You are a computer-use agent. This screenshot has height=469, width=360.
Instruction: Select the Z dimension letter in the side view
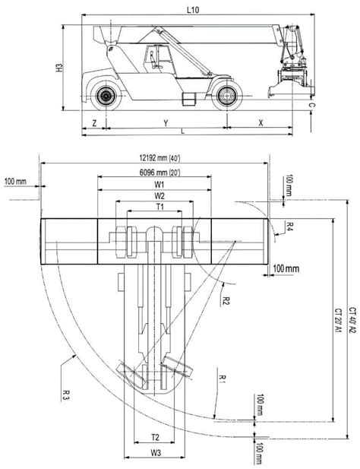click(93, 122)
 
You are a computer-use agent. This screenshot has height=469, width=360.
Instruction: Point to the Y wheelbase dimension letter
click(165, 122)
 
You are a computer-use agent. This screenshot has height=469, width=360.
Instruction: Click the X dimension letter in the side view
click(261, 122)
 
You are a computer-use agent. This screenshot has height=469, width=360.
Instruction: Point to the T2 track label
click(154, 437)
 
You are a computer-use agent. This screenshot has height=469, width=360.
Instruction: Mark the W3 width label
click(154, 454)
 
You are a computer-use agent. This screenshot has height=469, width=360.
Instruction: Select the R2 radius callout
click(226, 299)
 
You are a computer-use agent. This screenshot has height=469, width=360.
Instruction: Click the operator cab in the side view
click(158, 60)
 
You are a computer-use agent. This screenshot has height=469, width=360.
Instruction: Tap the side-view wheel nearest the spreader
click(224, 96)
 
